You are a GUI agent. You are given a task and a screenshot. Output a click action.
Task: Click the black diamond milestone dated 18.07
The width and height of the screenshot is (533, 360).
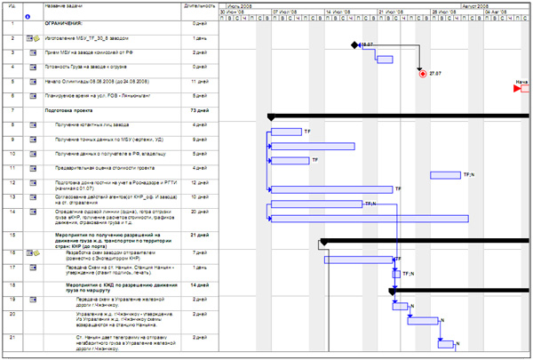354,44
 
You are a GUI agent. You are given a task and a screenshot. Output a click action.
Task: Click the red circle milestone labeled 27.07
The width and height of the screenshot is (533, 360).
422,74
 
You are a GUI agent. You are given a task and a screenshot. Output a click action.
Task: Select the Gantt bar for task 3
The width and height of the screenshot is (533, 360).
386,59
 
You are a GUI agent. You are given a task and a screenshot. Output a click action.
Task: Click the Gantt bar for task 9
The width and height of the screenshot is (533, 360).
312,146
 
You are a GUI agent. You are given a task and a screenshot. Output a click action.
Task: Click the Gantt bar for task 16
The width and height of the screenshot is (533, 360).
359,259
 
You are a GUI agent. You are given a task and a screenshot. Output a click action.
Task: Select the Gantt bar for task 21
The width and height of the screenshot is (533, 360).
447,344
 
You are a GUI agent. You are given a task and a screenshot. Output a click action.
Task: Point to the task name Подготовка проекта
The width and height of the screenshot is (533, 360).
71,110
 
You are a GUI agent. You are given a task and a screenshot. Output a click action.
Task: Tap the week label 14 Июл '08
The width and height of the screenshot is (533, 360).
339,12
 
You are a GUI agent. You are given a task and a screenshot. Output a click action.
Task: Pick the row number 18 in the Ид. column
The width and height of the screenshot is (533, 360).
12,284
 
